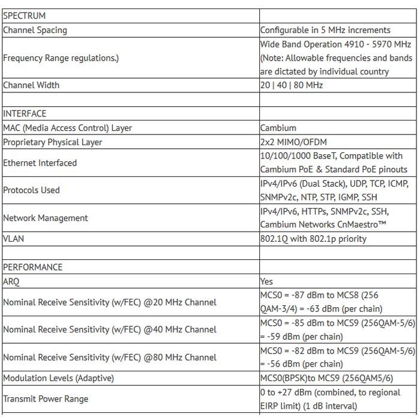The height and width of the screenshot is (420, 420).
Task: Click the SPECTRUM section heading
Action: [x=25, y=16]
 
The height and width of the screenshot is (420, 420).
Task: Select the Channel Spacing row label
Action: [x=35, y=30]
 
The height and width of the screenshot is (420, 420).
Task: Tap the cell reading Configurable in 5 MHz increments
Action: [x=325, y=30]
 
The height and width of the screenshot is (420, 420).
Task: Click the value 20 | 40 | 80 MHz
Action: [x=292, y=85]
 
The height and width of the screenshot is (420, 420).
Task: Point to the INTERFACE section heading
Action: [x=25, y=113]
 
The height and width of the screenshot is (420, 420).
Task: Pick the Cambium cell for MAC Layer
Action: [x=278, y=128]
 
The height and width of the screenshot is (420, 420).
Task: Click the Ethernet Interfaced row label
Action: [x=40, y=163]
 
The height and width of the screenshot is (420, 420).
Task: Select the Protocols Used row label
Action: [x=32, y=190]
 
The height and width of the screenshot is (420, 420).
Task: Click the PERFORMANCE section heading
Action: [x=33, y=267]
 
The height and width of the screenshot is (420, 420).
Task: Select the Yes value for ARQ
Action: [x=266, y=281]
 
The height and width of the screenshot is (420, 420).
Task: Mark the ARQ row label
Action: [x=11, y=281]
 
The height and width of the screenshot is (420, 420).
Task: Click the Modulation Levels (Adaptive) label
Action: [x=59, y=378]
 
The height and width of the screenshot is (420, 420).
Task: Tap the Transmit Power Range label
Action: [x=46, y=399]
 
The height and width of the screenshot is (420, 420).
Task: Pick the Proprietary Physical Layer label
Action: [x=53, y=142]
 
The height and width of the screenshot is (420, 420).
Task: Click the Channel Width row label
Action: [x=31, y=85]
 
